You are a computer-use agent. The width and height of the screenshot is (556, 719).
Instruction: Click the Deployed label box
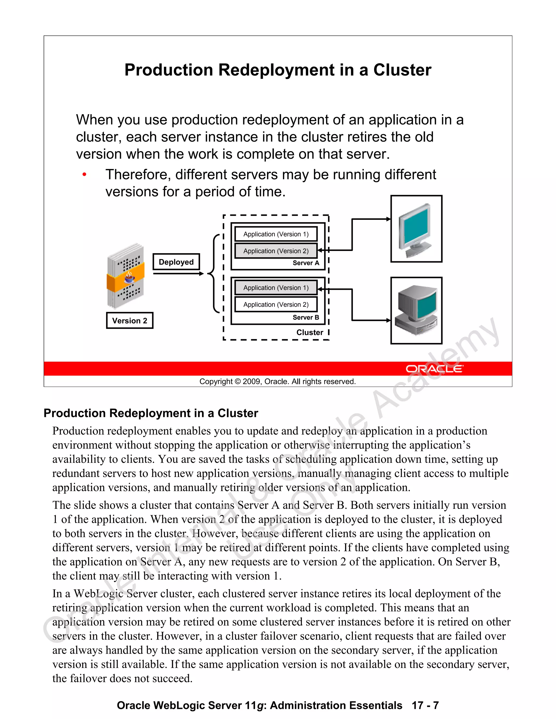pos(176,262)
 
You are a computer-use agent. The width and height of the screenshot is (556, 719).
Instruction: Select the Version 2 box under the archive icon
pos(130,321)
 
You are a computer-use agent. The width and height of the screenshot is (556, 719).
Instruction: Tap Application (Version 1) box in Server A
pos(276,234)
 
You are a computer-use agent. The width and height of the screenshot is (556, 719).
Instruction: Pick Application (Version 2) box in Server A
pos(276,251)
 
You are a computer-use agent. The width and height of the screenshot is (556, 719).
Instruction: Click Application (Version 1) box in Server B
pos(276,288)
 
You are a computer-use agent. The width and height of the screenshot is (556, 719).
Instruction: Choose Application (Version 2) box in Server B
pos(276,304)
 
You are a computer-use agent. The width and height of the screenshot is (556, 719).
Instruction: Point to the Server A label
pos(306,263)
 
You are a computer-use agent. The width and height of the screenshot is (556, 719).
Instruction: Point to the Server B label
pos(306,317)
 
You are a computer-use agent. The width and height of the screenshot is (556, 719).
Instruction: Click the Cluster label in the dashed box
pos(309,333)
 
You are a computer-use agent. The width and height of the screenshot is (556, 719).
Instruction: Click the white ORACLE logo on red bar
pos(434,369)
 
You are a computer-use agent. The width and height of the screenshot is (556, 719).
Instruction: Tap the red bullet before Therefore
pos(85,174)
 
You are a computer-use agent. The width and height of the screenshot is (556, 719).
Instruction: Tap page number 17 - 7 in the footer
pos(425,705)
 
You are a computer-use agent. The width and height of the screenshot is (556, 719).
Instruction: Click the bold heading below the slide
pos(151,413)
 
